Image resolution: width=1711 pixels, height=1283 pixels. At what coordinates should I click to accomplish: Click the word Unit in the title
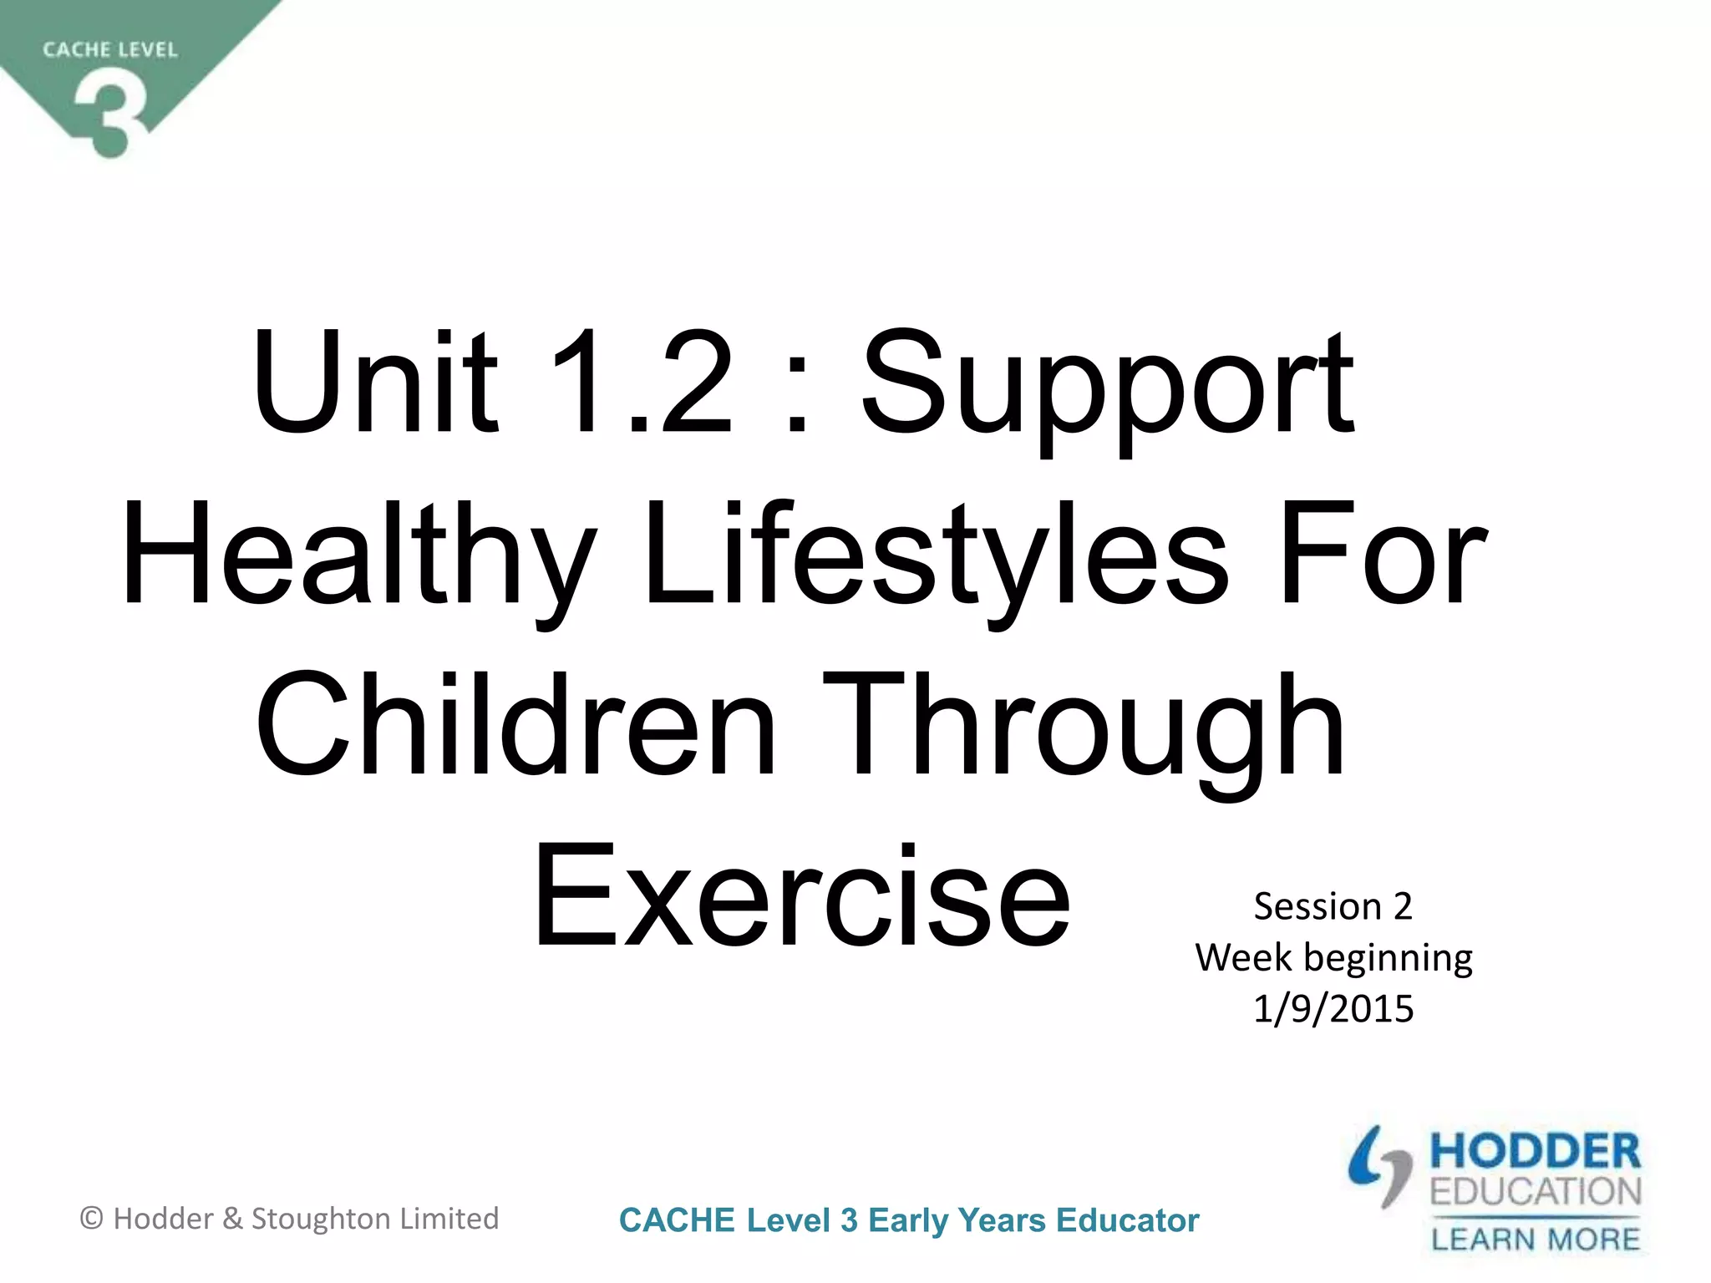click(x=374, y=384)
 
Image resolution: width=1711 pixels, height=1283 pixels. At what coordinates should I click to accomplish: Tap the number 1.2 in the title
click(x=642, y=384)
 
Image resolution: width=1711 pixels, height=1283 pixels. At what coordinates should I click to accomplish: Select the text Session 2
click(x=1333, y=907)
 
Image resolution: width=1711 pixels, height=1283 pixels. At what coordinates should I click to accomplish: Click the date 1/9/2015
click(x=1333, y=1009)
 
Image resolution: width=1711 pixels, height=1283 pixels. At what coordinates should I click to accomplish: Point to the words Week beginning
click(x=1333, y=958)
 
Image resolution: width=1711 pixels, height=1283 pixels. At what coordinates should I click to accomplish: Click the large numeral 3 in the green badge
click(x=110, y=113)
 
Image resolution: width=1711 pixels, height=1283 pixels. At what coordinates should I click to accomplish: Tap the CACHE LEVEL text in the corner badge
click(x=110, y=50)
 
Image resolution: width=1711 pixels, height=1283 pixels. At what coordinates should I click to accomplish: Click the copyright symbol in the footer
click(x=91, y=1219)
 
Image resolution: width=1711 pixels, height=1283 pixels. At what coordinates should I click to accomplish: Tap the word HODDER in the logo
click(x=1536, y=1152)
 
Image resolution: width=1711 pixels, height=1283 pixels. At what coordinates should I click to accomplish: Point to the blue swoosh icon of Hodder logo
click(x=1378, y=1165)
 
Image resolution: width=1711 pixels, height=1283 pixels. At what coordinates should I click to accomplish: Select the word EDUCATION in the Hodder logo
click(x=1536, y=1192)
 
